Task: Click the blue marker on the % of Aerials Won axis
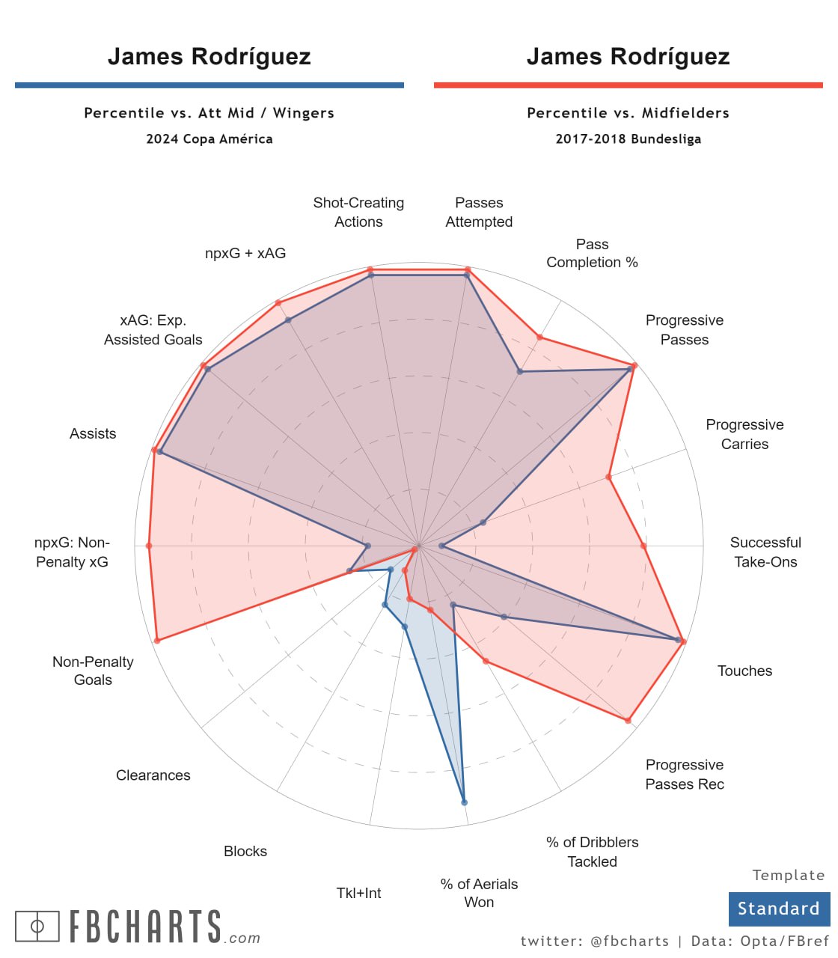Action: [465, 802]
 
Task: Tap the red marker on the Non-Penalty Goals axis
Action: [156, 641]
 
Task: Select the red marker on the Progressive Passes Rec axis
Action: [628, 720]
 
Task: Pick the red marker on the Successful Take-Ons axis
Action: [643, 546]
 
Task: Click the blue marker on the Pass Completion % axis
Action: [520, 371]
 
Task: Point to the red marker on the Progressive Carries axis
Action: [609, 477]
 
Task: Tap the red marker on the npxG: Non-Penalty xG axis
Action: [149, 546]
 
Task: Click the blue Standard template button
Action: [779, 909]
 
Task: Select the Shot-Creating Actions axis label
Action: [358, 213]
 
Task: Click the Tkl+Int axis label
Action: [358, 893]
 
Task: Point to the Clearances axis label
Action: [153, 775]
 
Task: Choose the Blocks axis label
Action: [245, 851]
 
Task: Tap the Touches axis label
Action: [744, 671]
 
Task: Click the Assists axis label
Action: [93, 433]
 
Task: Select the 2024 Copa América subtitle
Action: [209, 138]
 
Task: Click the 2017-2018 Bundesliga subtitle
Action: [628, 138]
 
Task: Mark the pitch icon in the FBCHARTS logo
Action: [37, 927]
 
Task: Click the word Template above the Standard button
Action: [789, 875]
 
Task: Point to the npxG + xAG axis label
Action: [245, 253]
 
